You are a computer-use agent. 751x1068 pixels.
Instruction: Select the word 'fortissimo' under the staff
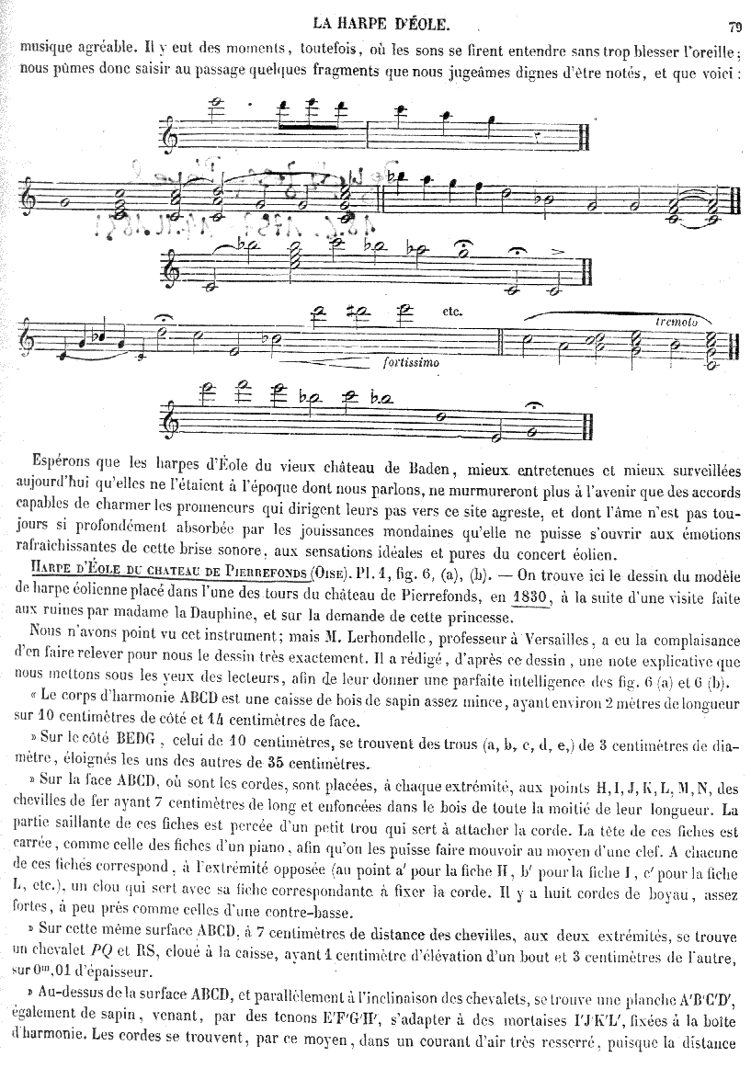408,362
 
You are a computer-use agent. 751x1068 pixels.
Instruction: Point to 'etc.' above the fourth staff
451,312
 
